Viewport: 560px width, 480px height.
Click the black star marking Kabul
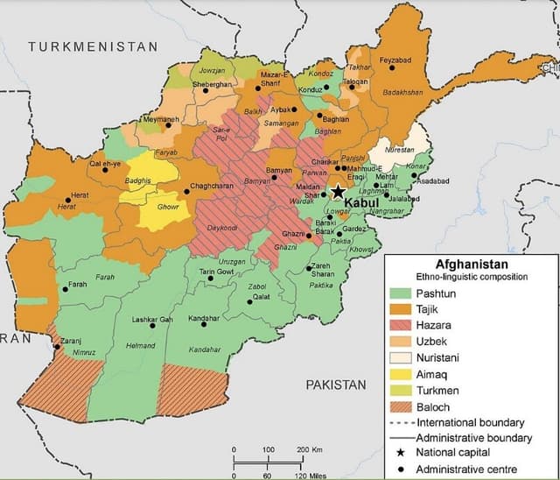(338, 192)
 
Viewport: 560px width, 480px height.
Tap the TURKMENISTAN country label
(93, 46)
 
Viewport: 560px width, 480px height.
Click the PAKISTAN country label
(336, 385)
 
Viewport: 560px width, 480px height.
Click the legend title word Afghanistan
(472, 263)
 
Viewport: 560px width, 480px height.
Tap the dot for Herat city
(68, 199)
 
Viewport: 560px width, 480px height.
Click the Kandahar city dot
(204, 325)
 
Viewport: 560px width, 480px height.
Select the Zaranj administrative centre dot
(58, 347)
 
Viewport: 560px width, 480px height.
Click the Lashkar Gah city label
(151, 319)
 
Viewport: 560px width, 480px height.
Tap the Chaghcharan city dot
(186, 193)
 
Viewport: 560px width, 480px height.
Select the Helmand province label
(141, 345)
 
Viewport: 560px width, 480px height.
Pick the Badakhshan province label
(402, 91)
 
